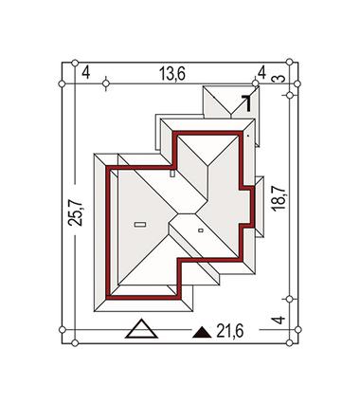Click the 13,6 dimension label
[172, 74]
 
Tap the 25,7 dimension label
[76, 212]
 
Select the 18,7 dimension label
[279, 198]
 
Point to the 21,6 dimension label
[230, 331]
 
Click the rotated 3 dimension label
[279, 79]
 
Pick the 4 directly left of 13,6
[86, 73]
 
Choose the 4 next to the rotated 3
[261, 73]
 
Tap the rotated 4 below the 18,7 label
[279, 320]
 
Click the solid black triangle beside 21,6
[202, 333]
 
